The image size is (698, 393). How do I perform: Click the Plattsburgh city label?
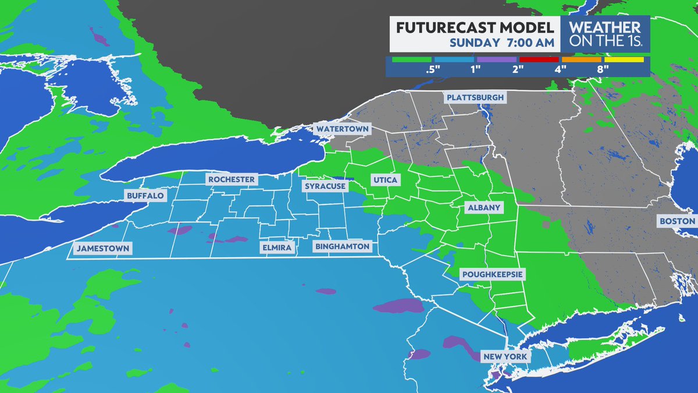point(475,97)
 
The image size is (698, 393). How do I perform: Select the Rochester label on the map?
point(232,179)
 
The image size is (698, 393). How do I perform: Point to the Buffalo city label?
point(145,196)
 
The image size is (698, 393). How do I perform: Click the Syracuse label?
point(325,186)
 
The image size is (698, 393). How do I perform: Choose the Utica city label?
point(384,180)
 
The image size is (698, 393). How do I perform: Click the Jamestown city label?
point(102,249)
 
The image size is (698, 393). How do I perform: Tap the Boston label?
point(676,221)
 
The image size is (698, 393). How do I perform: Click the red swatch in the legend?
point(539,59)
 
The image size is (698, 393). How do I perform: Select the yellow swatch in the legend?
point(624,59)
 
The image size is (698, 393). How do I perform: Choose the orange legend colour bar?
point(582,59)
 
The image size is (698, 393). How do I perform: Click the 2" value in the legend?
point(518,69)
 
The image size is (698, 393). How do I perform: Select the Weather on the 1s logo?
point(604,34)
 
